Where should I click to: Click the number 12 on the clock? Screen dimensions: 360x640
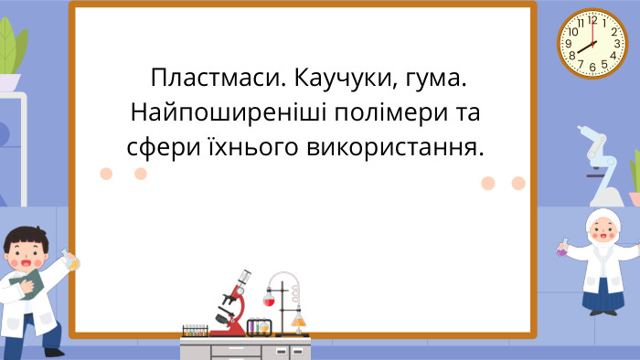592,19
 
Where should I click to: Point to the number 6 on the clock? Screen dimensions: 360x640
592,67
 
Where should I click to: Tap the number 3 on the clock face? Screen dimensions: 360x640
616,43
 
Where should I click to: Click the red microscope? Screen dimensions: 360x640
236,302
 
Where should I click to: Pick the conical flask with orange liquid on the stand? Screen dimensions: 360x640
297,319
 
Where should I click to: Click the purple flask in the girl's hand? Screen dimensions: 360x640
560,249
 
